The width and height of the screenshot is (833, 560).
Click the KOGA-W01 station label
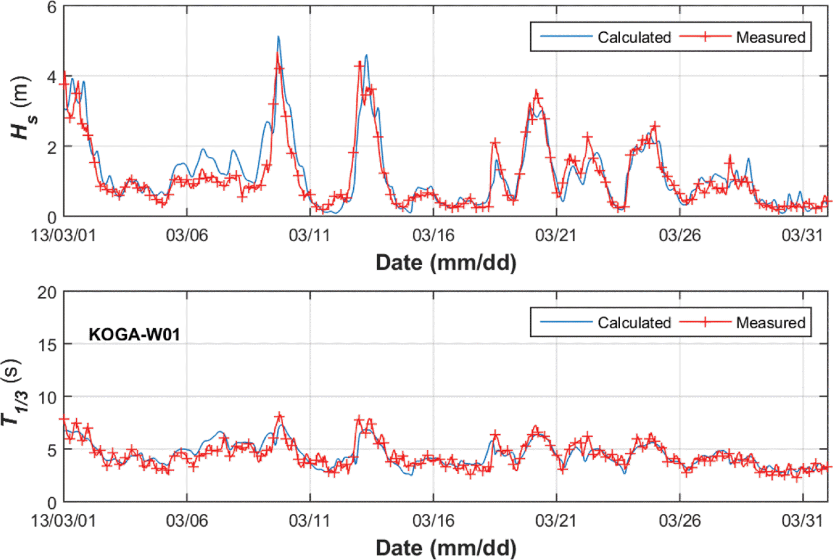point(134,334)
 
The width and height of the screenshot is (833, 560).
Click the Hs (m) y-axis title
point(22,108)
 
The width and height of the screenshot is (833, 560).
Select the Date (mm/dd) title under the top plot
point(446,263)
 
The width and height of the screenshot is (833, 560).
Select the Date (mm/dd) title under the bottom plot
point(446,548)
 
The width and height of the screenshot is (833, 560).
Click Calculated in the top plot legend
point(634,37)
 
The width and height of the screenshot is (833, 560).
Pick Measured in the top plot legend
point(770,37)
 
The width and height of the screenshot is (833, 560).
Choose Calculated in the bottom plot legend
point(634,322)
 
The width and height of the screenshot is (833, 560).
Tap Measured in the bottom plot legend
point(770,322)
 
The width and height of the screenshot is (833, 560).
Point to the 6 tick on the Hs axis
point(51,7)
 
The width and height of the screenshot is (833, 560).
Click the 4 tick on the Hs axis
point(51,77)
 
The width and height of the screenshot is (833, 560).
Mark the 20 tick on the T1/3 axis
point(47,292)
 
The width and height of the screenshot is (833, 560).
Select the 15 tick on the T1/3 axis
point(47,345)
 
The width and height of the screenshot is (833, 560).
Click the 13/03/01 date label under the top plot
point(63,235)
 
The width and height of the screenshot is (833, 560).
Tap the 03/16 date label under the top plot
point(433,235)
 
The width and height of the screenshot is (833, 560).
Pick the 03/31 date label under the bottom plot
point(802,520)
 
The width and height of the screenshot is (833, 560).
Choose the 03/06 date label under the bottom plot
point(187,520)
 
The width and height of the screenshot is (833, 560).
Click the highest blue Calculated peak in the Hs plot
point(278,37)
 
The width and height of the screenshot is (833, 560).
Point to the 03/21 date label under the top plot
point(556,235)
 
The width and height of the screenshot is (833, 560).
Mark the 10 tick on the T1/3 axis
point(47,397)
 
